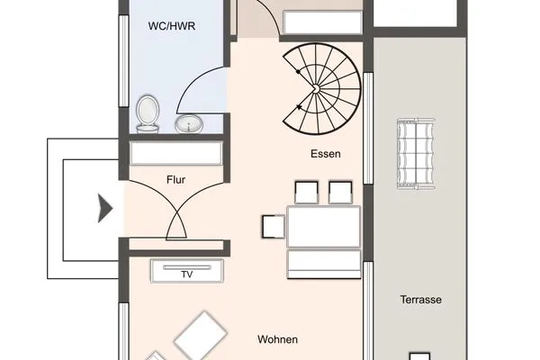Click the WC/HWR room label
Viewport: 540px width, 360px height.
coord(172,26)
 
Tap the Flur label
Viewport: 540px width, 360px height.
coord(175,179)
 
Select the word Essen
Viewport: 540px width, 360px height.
coord(326,154)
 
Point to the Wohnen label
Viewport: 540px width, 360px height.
coord(277,339)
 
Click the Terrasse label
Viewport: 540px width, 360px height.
coord(421,300)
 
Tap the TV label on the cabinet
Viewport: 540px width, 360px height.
coord(187,274)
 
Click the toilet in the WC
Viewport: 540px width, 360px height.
coord(148,114)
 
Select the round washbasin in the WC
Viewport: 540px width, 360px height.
coord(189,123)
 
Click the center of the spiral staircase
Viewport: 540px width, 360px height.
coord(316,89)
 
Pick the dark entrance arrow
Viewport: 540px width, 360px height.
coord(105,208)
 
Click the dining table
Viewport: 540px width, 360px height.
coord(324,226)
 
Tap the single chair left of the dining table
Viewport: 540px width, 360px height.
coord(274,226)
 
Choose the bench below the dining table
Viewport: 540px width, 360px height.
coord(324,264)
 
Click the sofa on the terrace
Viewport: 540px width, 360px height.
coord(416,153)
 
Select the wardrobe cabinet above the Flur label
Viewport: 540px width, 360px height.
coord(176,153)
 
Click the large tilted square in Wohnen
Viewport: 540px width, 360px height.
coord(201,335)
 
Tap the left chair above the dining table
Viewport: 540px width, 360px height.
coord(307,193)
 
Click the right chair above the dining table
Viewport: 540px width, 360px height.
coord(340,193)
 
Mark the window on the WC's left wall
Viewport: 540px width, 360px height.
coord(124,60)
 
